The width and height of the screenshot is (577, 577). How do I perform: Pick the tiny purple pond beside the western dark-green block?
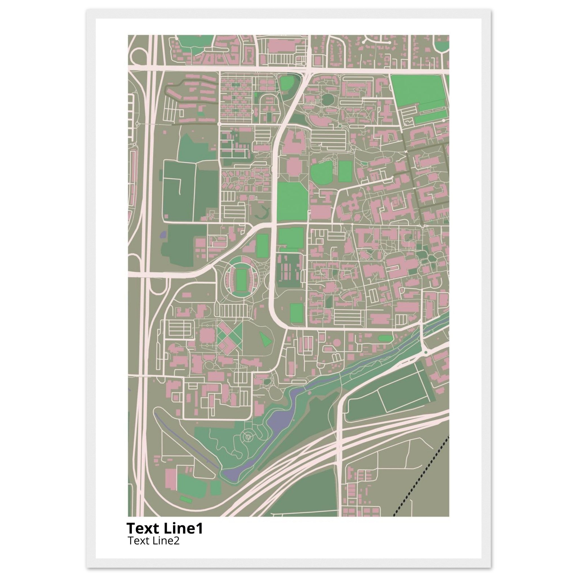[x=163, y=234]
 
